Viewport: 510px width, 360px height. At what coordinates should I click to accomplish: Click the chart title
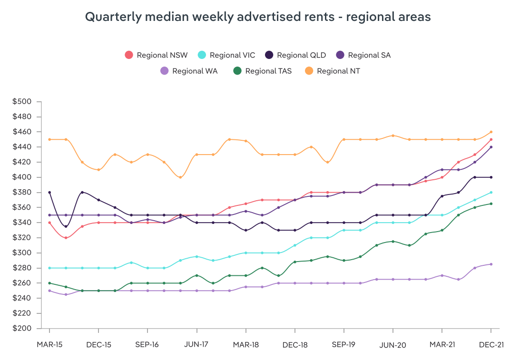pos(258,17)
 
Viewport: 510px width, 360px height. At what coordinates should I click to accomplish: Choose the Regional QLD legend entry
pos(295,55)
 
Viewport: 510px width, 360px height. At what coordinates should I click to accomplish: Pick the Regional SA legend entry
pos(363,55)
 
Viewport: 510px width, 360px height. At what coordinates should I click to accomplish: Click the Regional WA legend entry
pos(189,71)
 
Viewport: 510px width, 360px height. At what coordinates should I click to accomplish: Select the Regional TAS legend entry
pos(262,71)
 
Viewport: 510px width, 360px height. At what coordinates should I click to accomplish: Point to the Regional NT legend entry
pos(333,71)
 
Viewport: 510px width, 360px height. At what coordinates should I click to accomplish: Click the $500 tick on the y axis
pos(22,102)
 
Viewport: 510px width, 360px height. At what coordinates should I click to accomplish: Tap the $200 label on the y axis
pos(22,329)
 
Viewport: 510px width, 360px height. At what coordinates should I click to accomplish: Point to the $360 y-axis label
pos(22,207)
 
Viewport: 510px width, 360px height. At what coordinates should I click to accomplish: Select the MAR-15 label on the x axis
pos(49,344)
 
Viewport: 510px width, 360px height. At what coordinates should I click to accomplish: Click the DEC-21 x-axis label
pos(491,344)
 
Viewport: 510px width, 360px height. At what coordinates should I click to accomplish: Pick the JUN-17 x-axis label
pos(196,344)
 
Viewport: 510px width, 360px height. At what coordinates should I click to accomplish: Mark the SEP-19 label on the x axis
pos(344,344)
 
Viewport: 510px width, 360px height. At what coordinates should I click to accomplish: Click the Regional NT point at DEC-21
pos(491,132)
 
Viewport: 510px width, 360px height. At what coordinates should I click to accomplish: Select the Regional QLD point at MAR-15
pos(49,193)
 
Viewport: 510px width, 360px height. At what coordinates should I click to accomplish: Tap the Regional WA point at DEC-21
pos(491,264)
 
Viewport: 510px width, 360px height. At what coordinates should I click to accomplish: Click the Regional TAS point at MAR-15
pos(49,283)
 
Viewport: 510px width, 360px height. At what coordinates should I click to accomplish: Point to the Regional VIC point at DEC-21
pos(491,193)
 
